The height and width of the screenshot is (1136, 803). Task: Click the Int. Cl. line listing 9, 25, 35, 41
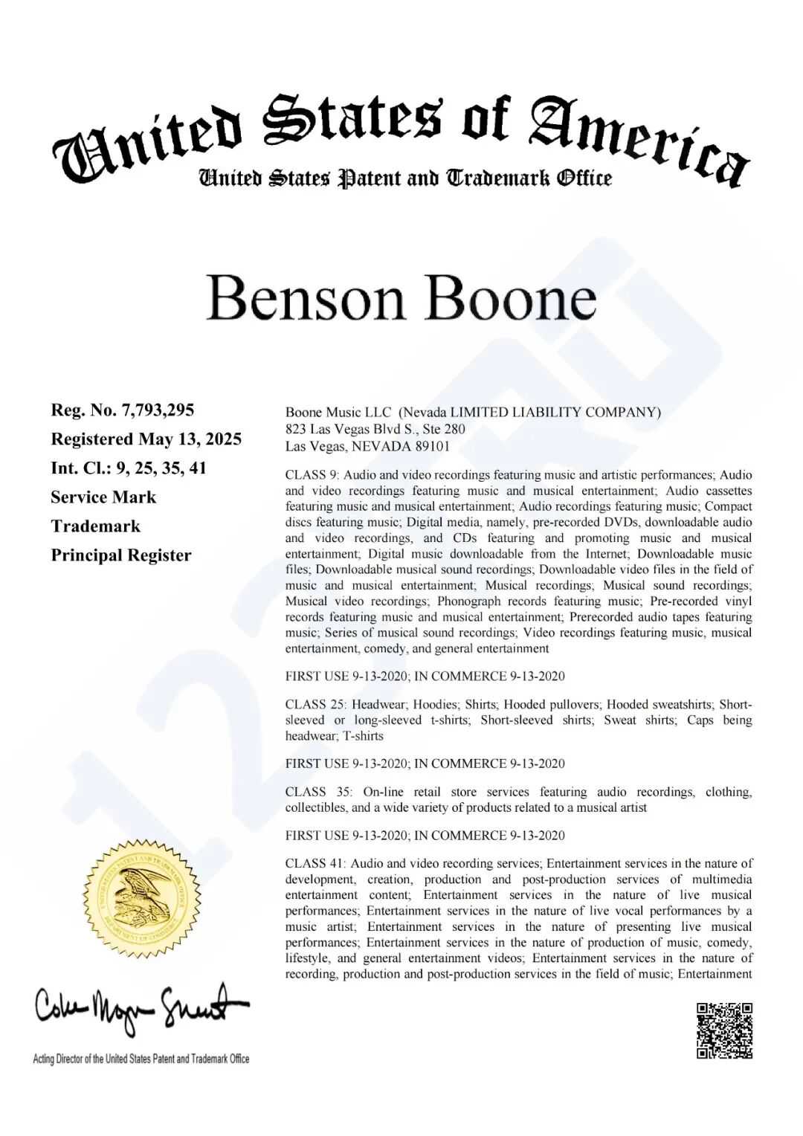pyautogui.click(x=129, y=468)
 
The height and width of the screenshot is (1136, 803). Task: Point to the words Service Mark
pyautogui.click(x=103, y=497)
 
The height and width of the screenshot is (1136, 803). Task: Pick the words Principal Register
pyautogui.click(x=121, y=555)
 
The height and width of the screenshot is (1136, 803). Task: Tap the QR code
pyautogui.click(x=724, y=1030)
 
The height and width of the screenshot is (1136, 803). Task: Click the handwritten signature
pyautogui.click(x=141, y=1007)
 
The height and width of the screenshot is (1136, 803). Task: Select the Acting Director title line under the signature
pyautogui.click(x=141, y=1059)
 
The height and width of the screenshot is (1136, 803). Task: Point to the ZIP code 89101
pyautogui.click(x=432, y=446)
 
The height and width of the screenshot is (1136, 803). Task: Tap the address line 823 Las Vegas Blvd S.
pyautogui.click(x=375, y=429)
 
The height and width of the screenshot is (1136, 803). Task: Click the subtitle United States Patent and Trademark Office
pyautogui.click(x=405, y=178)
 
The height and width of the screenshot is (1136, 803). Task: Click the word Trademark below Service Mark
pyautogui.click(x=95, y=526)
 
